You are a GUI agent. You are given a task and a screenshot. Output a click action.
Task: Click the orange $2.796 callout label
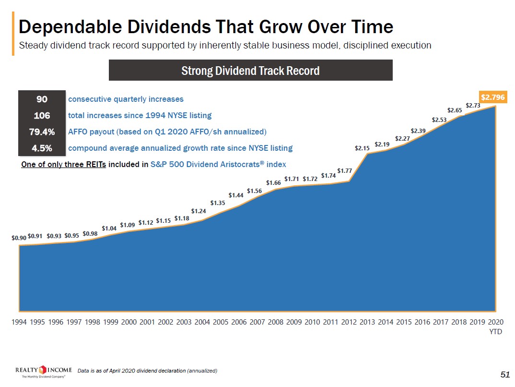[492, 97]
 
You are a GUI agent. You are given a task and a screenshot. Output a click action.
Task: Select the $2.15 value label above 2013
[362, 148]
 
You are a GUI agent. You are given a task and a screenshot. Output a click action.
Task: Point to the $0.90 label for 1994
[19, 238]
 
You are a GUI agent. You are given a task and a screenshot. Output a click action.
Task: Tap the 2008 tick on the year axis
[276, 322]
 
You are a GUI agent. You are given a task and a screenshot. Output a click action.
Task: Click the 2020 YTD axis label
[495, 326]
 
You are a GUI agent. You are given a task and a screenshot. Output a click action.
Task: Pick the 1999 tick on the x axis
[111, 322]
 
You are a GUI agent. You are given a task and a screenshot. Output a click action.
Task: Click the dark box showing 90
[41, 99]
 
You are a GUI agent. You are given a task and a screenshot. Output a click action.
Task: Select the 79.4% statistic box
[41, 132]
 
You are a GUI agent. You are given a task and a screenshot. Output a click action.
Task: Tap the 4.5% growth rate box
[41, 148]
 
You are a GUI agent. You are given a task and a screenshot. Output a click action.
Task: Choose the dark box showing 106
[41, 115]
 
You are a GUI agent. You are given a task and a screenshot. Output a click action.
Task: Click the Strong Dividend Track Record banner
[251, 71]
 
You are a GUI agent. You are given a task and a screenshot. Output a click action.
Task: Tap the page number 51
[504, 374]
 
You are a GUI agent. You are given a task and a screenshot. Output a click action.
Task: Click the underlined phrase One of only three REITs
[63, 164]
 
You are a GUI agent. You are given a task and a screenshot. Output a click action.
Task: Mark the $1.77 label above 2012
[345, 170]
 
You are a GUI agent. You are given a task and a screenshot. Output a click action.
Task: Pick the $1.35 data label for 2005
[218, 203]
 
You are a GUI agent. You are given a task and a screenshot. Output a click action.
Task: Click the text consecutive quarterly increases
[126, 99]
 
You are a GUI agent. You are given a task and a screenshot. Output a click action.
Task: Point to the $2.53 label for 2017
[439, 120]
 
